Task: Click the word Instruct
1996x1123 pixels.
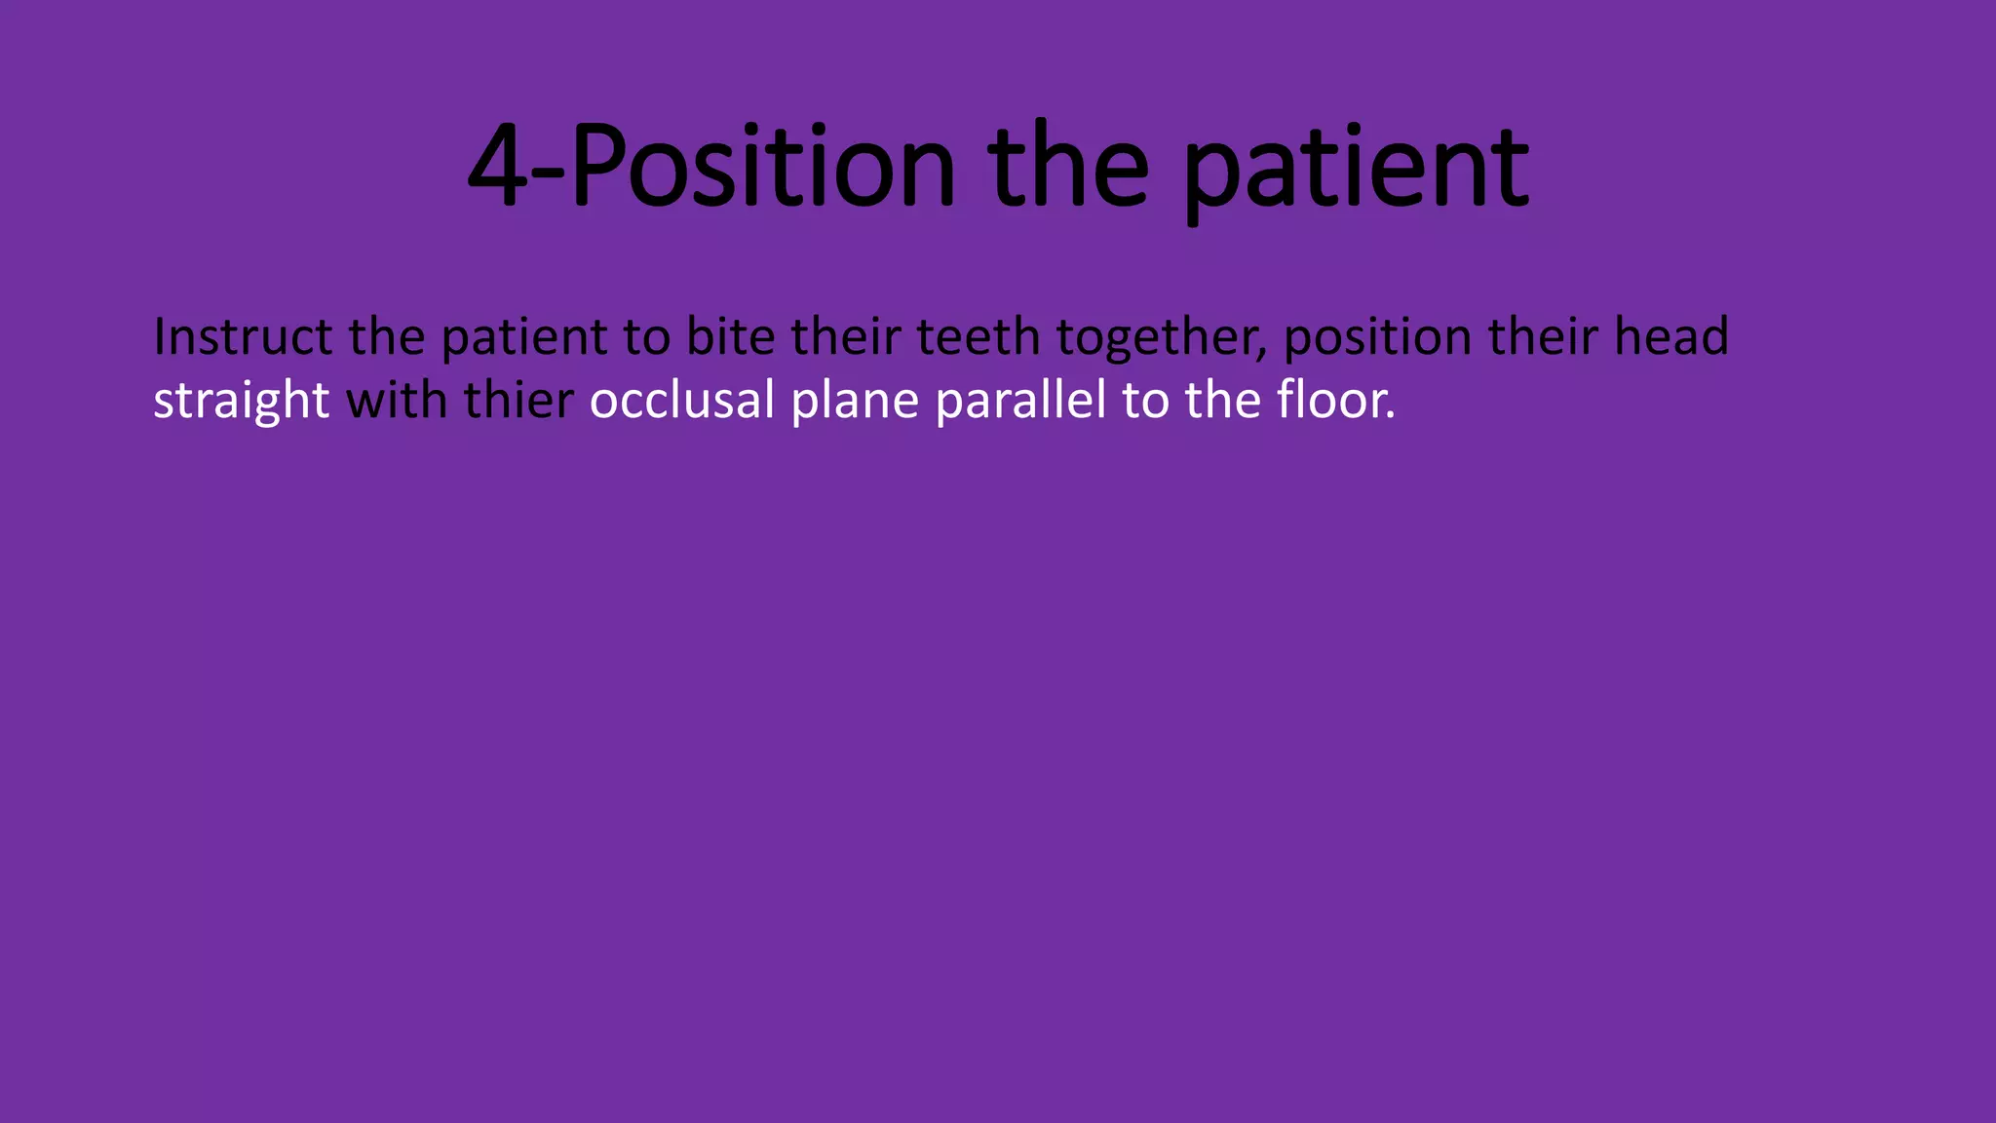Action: pyautogui.click(x=243, y=336)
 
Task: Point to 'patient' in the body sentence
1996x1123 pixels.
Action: pyautogui.click(x=524, y=338)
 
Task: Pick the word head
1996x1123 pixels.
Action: pyautogui.click(x=1671, y=336)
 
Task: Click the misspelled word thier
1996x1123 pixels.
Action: pyautogui.click(x=518, y=400)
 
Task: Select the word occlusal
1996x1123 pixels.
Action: pyautogui.click(x=682, y=400)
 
